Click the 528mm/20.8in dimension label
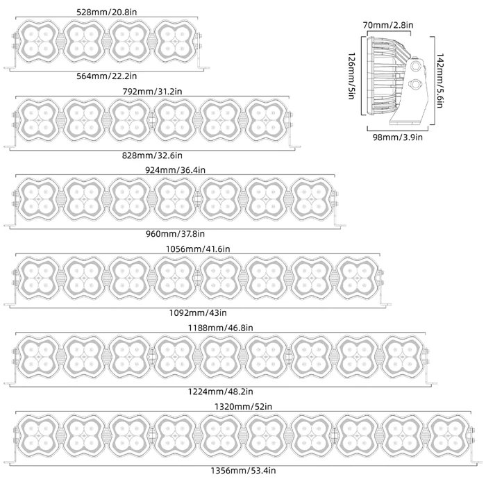tap(107, 12)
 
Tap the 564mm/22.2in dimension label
tap(107, 76)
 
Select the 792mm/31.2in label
tap(152, 92)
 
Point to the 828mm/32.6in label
tap(152, 156)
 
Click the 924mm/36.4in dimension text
tap(175, 170)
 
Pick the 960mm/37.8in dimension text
tap(175, 234)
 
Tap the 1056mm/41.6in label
tap(198, 249)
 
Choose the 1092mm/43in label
tap(198, 312)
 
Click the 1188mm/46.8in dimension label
tap(220, 328)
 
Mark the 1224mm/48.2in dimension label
tap(220, 392)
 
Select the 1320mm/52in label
tap(243, 406)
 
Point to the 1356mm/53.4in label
tap(243, 471)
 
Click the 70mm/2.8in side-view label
tap(388, 25)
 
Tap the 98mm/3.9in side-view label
tap(398, 137)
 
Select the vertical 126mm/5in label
tap(352, 76)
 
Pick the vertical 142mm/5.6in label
tap(439, 81)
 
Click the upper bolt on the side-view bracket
tap(414, 65)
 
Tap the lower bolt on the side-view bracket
tap(414, 83)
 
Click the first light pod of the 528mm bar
tap(38, 42)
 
